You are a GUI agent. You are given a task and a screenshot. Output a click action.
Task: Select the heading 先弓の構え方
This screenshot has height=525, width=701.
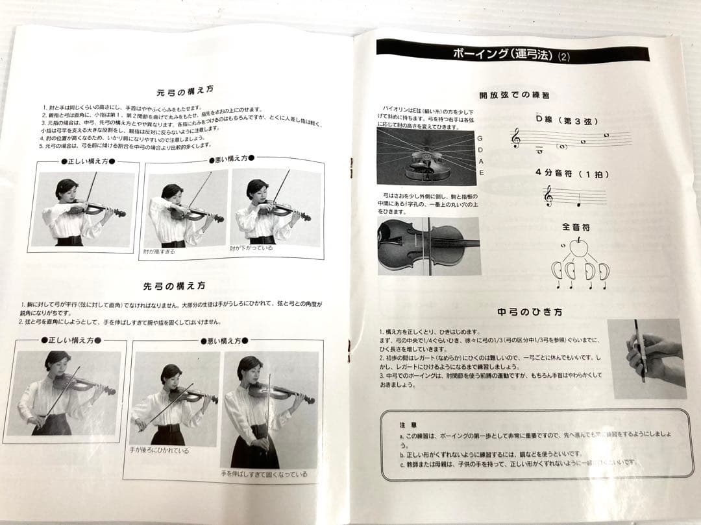pyautogui.click(x=175, y=286)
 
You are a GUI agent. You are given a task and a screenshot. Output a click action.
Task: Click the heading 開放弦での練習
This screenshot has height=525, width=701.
pyautogui.click(x=514, y=95)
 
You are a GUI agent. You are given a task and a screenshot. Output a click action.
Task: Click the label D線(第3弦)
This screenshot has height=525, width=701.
pyautogui.click(x=567, y=121)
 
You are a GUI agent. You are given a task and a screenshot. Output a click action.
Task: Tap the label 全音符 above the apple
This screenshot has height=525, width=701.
pyautogui.click(x=576, y=227)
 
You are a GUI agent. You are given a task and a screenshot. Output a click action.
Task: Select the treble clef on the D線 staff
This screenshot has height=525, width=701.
pyautogui.click(x=517, y=137)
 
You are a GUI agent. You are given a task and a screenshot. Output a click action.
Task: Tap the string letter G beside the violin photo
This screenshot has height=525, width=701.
pyautogui.click(x=480, y=139)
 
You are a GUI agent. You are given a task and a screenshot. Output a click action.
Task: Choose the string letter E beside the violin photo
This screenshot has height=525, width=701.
pyautogui.click(x=481, y=172)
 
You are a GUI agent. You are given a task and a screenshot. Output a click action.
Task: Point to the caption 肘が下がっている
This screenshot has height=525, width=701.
pyautogui.click(x=251, y=248)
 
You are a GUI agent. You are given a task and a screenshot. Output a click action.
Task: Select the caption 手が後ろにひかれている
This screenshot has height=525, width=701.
pyautogui.click(x=159, y=450)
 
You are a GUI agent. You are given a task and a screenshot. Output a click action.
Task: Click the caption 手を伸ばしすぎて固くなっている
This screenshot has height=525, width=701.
pyautogui.click(x=264, y=474)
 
